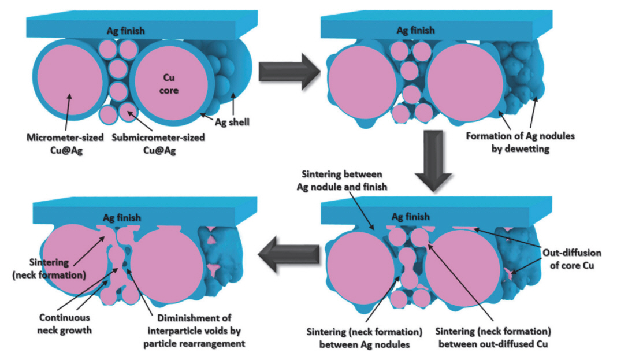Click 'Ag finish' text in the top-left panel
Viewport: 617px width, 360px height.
[x=126, y=31]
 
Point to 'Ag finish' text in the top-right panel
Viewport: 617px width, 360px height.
[x=415, y=31]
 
